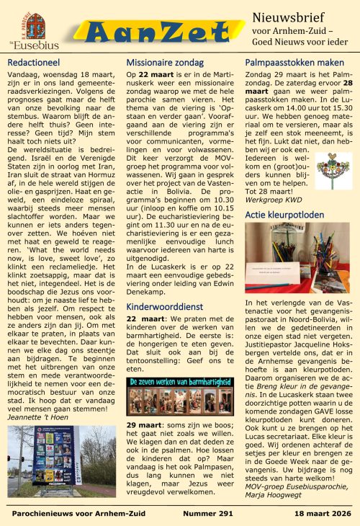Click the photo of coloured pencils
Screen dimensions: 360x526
tap(298, 258)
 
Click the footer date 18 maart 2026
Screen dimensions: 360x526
tap(320, 513)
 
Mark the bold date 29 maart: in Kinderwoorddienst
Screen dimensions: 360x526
tap(143, 425)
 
